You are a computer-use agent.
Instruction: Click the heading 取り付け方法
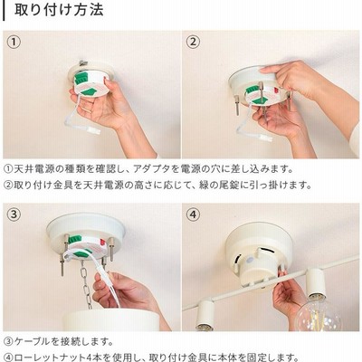pyautogui.click(x=59, y=9)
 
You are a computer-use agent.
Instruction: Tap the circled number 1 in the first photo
pyautogui.click(x=14, y=42)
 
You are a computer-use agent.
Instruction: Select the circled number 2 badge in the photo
pyautogui.click(x=193, y=42)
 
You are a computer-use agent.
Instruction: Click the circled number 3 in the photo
pyautogui.click(x=14, y=214)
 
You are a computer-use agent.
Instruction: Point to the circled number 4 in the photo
pyautogui.click(x=193, y=214)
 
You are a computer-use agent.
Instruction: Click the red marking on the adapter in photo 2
pyautogui.click(x=275, y=90)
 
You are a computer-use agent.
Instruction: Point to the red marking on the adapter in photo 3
pyautogui.click(x=103, y=243)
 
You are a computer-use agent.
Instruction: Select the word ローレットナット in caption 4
pyautogui.click(x=51, y=357)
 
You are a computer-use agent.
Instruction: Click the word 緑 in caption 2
pyautogui.click(x=205, y=185)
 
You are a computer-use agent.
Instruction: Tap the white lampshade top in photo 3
pyautogui.click(x=111, y=319)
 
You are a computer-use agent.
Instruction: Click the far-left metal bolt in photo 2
pyautogui.click(x=237, y=104)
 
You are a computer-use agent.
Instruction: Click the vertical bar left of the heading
pyautogui.click(x=5, y=10)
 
